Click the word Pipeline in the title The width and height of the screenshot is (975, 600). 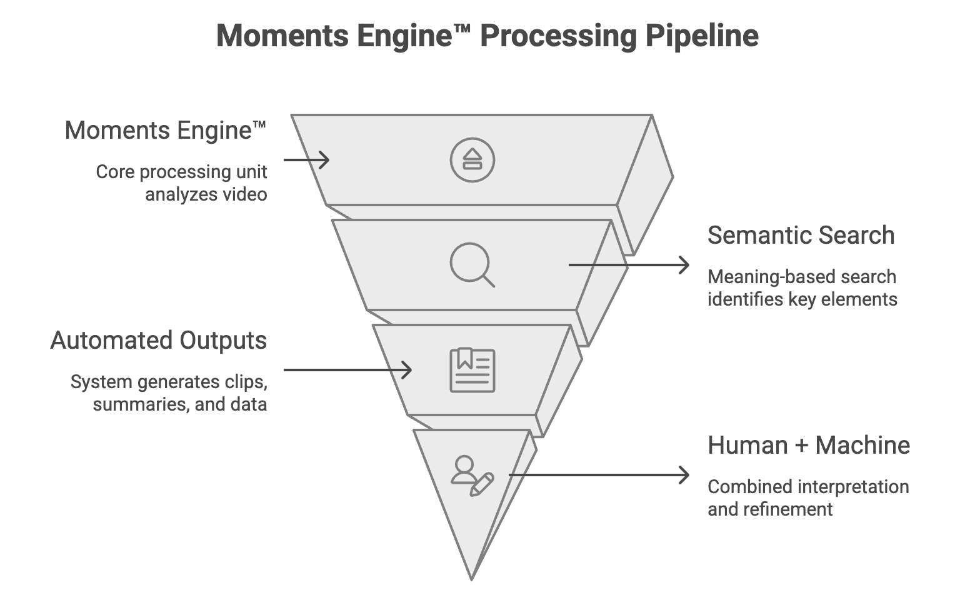point(701,36)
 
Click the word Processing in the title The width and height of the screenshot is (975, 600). point(557,36)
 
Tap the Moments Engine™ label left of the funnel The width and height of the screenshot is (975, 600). point(166,131)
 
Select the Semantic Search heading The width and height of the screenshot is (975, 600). point(801,236)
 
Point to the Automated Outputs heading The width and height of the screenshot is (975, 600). point(158,341)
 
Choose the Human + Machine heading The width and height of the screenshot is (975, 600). point(808,446)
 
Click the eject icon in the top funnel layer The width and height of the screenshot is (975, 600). point(472,160)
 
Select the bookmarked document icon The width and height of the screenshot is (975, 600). point(472,371)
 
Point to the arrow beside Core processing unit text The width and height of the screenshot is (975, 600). point(306,160)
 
